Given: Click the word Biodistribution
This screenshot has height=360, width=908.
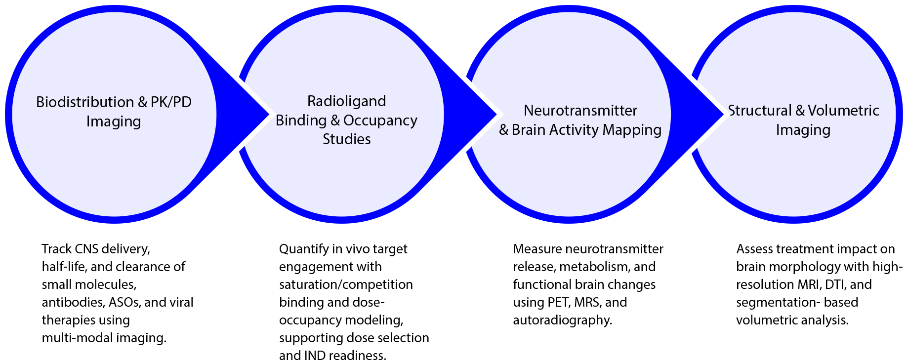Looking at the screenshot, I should (85, 102).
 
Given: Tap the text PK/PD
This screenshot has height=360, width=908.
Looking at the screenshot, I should (171, 102).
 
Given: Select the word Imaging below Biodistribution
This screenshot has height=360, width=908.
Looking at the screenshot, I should (114, 121).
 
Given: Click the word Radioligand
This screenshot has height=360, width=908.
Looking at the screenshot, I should (346, 101).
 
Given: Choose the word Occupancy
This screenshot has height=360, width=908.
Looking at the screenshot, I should (380, 120).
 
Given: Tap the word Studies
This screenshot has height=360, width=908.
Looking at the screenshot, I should (346, 139).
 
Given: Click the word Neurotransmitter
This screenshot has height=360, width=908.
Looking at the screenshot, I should (580, 111).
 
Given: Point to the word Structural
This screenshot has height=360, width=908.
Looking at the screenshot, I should (760, 111).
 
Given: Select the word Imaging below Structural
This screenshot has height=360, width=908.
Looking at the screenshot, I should (803, 130).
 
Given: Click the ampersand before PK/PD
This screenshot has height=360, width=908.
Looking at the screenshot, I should (143, 102).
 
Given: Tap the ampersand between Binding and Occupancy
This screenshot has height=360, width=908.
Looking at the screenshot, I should (335, 120).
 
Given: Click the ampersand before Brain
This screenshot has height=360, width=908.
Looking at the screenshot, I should (504, 130).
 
